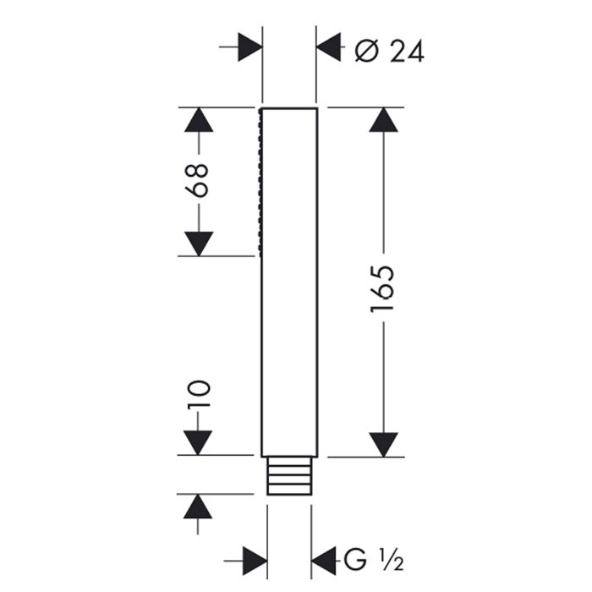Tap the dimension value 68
coord(198,180)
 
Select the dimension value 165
coord(382,289)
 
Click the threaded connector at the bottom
coord(289,476)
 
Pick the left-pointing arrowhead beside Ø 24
coord(329,47)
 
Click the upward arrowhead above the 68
coord(198,120)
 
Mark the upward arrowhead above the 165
coord(382,120)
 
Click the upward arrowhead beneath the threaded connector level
coord(198,507)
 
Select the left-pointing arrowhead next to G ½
coord(325,559)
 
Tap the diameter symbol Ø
coord(365,51)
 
